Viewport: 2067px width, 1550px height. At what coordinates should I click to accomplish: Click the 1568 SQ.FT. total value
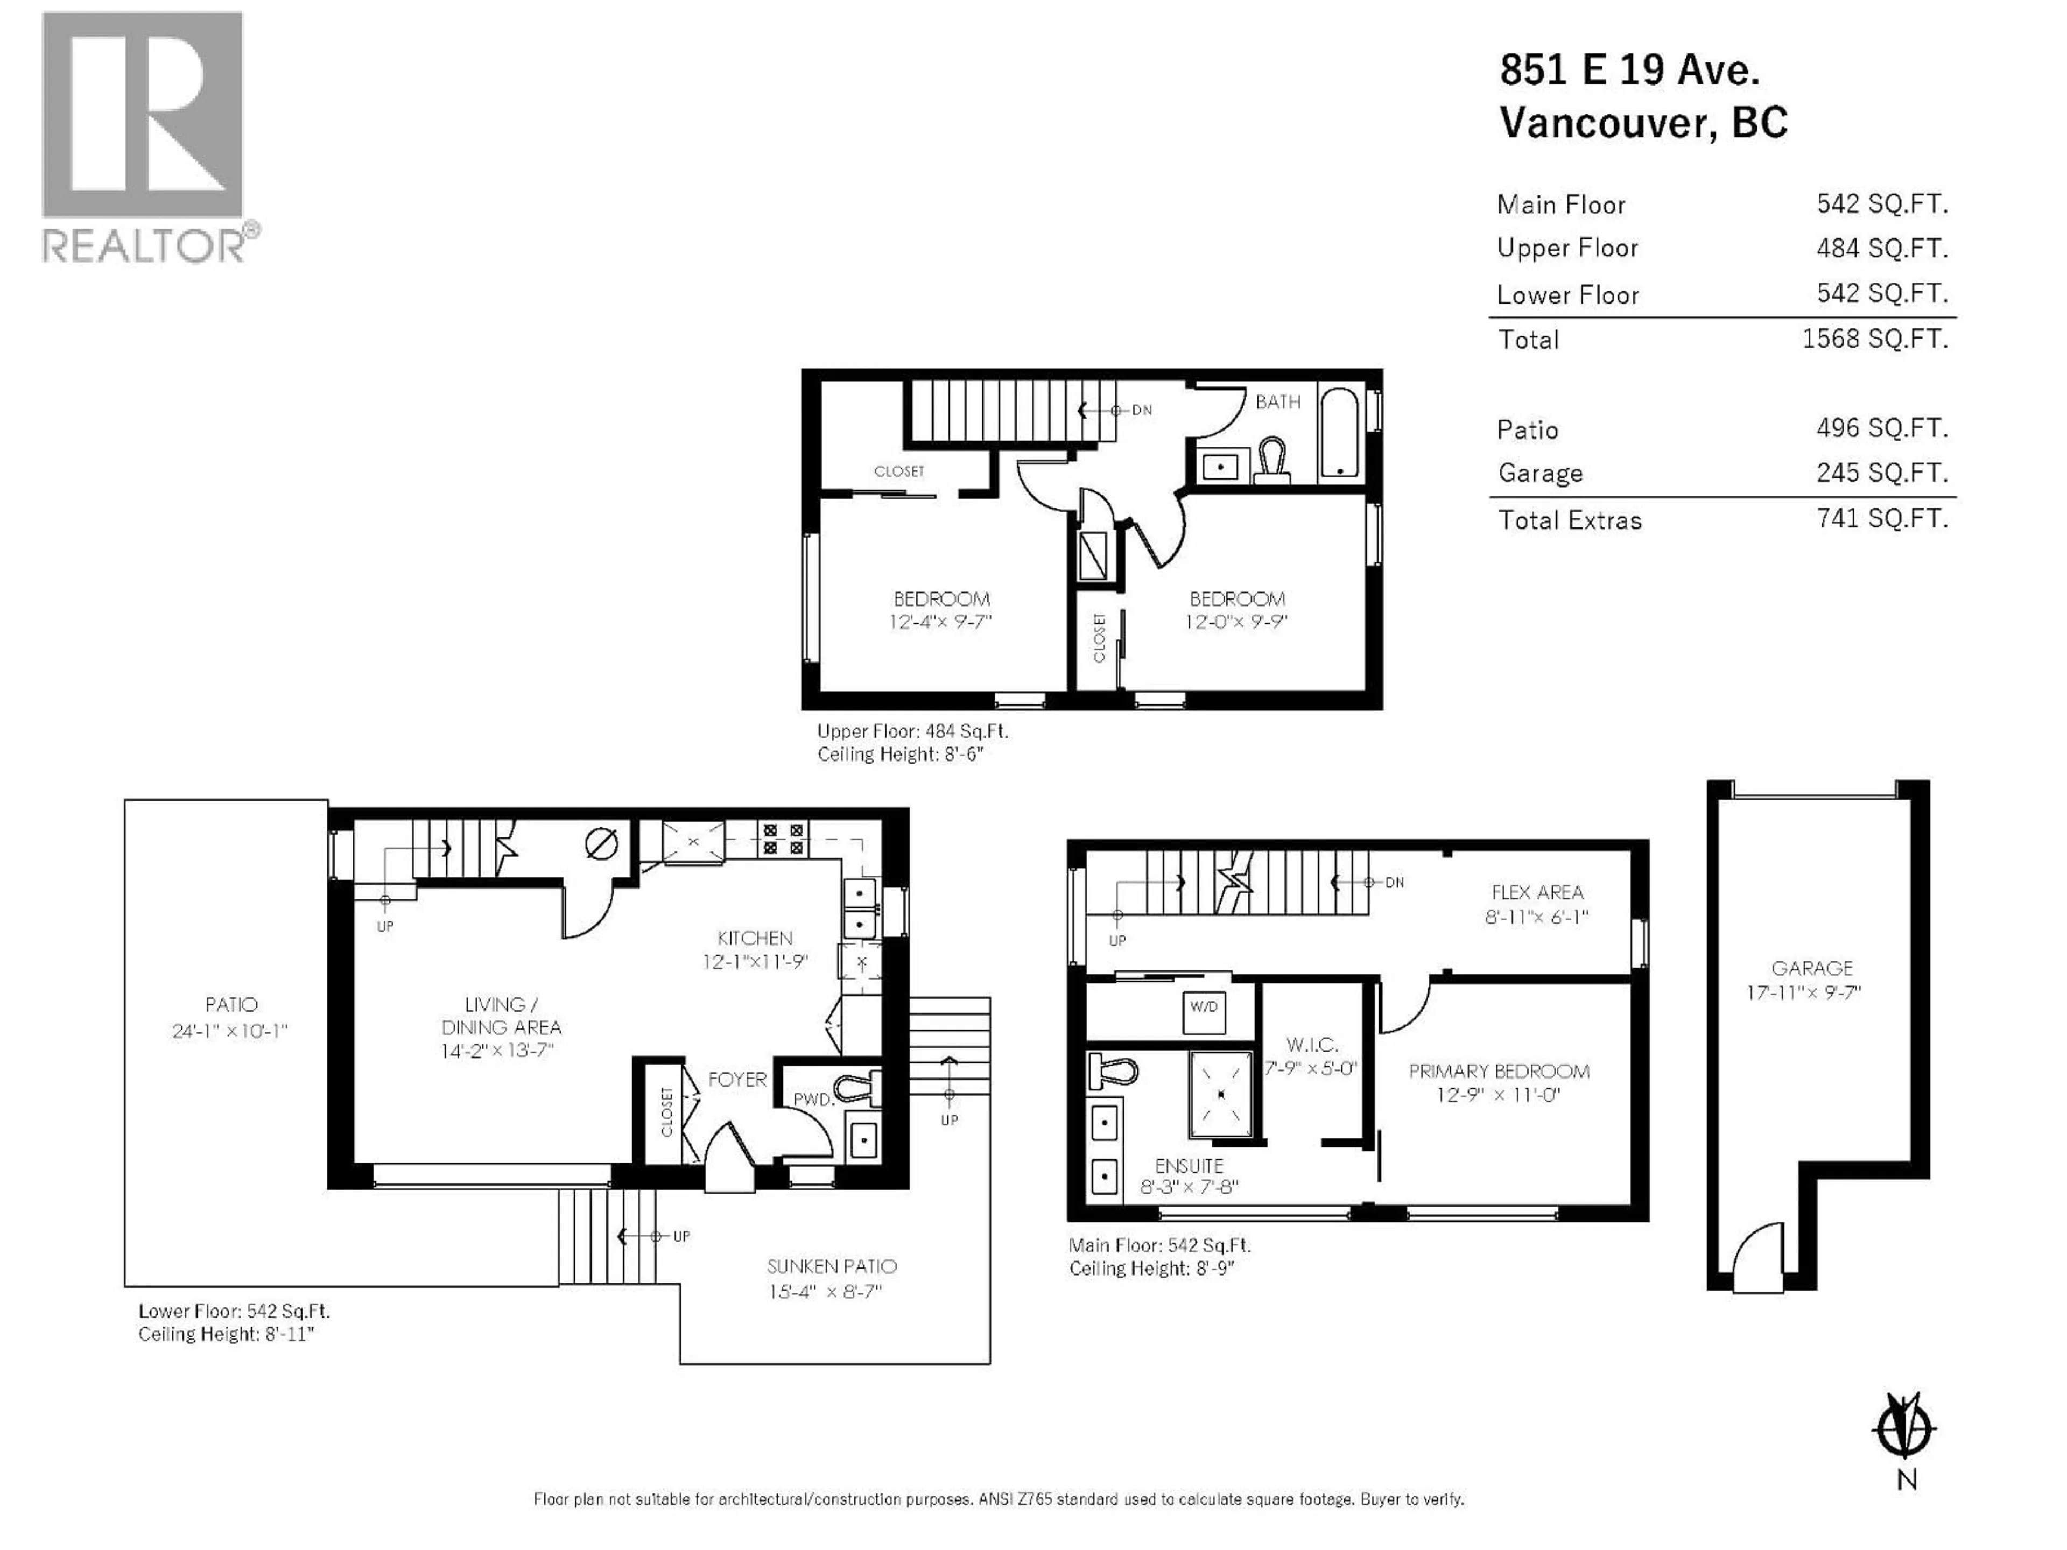[1874, 338]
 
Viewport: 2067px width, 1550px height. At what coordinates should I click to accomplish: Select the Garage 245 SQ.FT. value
[1881, 473]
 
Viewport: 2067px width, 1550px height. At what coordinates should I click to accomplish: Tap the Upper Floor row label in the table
[1567, 248]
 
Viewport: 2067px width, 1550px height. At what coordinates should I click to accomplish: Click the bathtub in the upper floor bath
[1339, 433]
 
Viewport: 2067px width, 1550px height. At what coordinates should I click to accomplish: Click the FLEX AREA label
[1537, 892]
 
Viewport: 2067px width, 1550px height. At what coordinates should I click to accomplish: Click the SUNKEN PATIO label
[832, 1267]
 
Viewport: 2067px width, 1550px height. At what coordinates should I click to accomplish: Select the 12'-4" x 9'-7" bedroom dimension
[940, 621]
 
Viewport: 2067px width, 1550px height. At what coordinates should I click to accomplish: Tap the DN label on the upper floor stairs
[1142, 410]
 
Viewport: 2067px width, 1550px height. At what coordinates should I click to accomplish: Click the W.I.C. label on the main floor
[1311, 1045]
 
